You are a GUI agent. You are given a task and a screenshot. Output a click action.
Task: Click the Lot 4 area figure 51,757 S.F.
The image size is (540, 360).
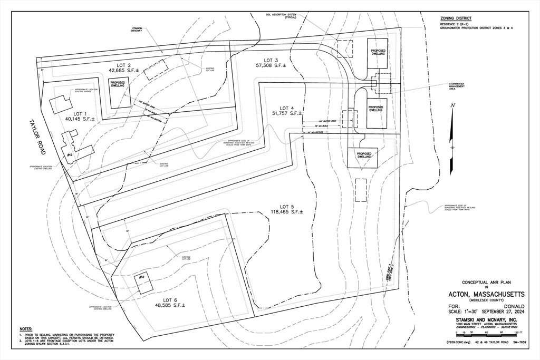287,113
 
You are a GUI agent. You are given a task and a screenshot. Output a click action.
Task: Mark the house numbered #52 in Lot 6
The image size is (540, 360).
143,284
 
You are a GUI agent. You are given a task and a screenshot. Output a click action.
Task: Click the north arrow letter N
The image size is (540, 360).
452,105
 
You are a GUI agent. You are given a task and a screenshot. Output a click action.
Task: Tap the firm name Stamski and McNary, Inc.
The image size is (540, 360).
479,319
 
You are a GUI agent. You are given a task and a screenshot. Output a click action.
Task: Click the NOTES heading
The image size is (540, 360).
26,329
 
